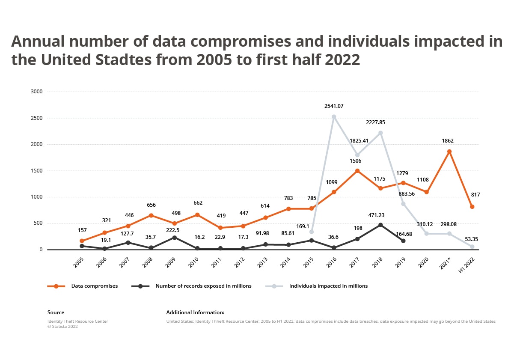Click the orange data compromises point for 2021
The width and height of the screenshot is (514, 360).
(449, 152)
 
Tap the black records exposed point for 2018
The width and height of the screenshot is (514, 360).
(380, 225)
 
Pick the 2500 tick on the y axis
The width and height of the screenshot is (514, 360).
(37, 118)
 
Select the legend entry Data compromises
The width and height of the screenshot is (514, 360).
(94, 286)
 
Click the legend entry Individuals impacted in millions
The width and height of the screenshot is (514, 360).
(328, 286)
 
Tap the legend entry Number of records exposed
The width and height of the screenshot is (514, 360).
(203, 286)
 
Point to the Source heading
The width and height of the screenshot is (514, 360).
(56, 312)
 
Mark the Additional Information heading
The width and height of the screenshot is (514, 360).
(195, 312)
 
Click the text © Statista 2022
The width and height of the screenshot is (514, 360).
(62, 327)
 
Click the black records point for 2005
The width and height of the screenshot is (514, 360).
(82, 246)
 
